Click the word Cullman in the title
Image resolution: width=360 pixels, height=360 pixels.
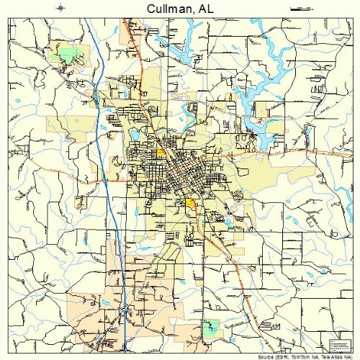[167, 8]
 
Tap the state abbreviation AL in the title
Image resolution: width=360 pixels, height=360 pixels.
[206, 8]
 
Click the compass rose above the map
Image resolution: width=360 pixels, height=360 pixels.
[62, 8]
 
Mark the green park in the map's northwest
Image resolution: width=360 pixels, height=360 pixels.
[68, 54]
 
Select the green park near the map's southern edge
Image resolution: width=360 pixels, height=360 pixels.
[210, 325]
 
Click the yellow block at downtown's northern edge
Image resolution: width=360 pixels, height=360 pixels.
[161, 153]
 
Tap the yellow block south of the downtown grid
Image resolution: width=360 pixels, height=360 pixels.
[191, 204]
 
